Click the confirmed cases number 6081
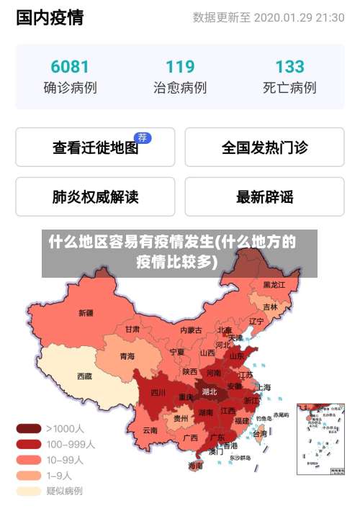coord(70,67)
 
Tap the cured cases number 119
coord(180,67)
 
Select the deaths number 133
coord(289,67)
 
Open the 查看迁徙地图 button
coord(95,148)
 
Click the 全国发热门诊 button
coord(264,148)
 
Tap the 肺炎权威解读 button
coord(95,196)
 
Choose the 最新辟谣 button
coord(264,196)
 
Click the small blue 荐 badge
coord(143,137)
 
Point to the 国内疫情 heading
coord(50,17)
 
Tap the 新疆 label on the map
coord(86,313)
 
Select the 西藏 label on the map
coord(84,376)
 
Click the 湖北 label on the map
coord(210,392)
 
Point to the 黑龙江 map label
coord(274,285)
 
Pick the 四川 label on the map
coord(158,393)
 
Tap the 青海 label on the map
coord(127,356)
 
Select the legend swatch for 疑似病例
coord(28,491)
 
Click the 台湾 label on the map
coord(260,434)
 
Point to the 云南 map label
coord(150,430)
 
